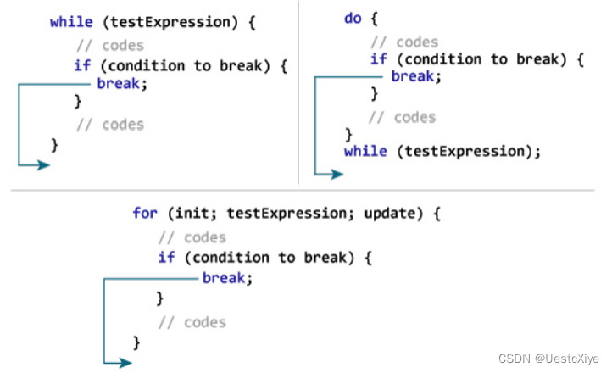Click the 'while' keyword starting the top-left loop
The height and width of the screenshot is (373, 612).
click(x=70, y=22)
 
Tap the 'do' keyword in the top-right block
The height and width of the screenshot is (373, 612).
click(x=353, y=18)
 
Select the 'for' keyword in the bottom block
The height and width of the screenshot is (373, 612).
click(x=145, y=213)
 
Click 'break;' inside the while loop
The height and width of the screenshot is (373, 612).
click(x=120, y=83)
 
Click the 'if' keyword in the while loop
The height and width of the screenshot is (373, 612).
click(x=82, y=65)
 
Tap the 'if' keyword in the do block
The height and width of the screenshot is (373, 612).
click(x=378, y=58)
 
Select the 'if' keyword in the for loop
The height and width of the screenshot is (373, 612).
click(x=166, y=257)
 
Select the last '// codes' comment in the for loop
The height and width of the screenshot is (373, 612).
click(x=192, y=322)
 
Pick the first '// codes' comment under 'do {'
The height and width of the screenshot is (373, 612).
click(x=404, y=42)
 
